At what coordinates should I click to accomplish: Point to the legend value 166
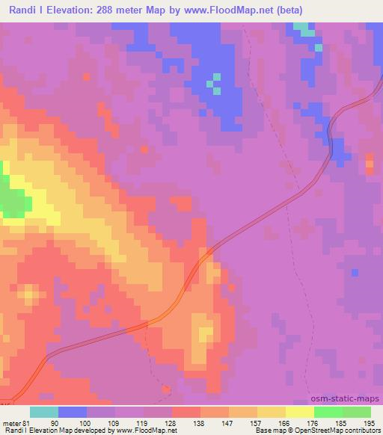click(285, 422)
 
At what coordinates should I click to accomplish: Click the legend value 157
click(257, 422)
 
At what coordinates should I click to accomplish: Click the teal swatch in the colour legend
click(44, 412)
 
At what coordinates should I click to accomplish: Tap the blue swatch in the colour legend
click(73, 412)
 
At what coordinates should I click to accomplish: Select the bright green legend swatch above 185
click(328, 412)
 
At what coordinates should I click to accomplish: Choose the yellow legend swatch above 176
click(300, 412)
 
